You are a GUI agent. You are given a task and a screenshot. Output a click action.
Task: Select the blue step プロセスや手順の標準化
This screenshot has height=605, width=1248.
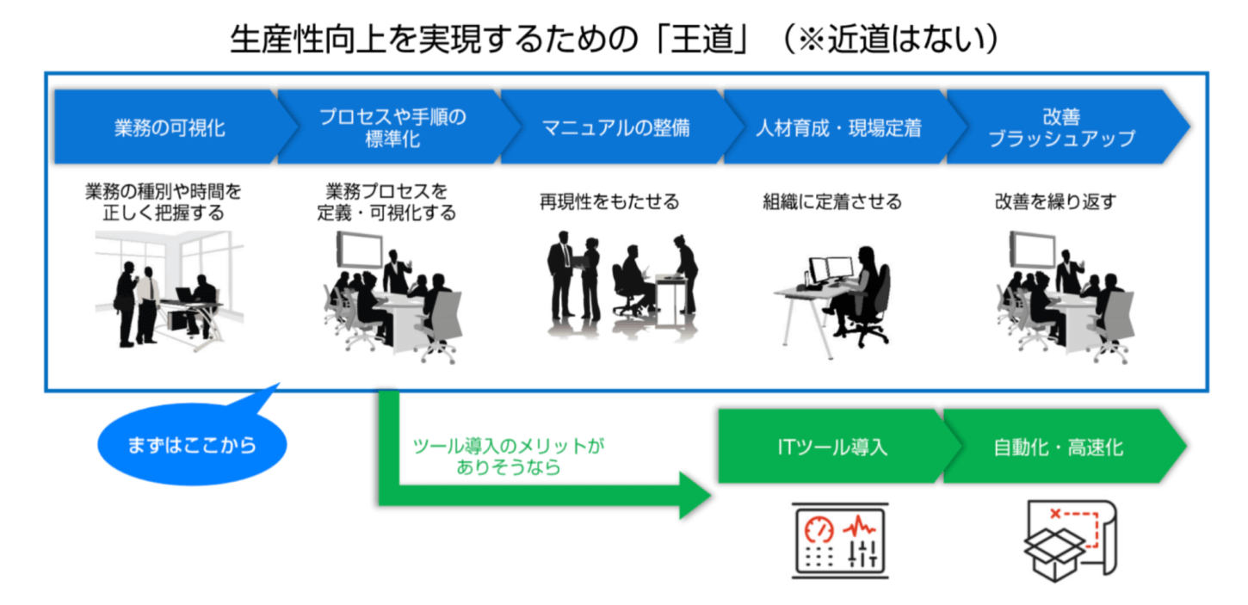point(392,128)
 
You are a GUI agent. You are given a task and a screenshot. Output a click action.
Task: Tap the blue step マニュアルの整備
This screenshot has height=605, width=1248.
point(615,128)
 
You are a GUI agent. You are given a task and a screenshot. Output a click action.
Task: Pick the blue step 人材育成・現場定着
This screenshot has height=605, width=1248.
point(838,128)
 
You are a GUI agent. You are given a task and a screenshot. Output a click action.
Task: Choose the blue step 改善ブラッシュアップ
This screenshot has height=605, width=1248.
point(1060,128)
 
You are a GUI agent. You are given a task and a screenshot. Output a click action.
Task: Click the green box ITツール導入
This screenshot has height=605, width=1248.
point(830,447)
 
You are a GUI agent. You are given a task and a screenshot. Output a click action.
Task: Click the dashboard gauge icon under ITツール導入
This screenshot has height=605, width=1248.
point(840,540)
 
